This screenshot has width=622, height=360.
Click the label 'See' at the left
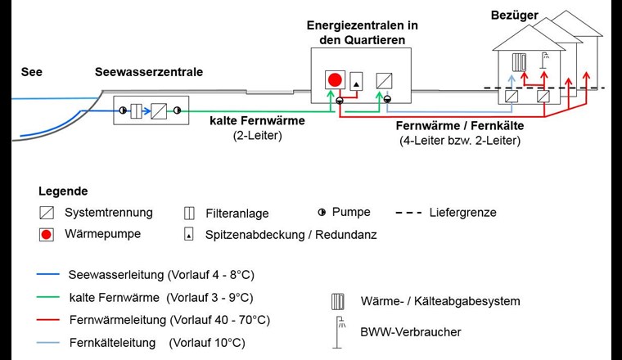[31, 72]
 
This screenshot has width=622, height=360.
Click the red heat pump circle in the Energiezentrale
[334, 80]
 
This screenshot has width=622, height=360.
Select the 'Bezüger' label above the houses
[514, 15]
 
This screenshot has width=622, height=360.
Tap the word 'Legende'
[63, 191]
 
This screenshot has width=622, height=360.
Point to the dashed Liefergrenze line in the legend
[408, 213]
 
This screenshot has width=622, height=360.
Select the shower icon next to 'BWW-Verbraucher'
[337, 332]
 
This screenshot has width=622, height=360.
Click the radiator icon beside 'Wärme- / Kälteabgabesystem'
[336, 301]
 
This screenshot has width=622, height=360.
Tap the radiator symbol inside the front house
[519, 62]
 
